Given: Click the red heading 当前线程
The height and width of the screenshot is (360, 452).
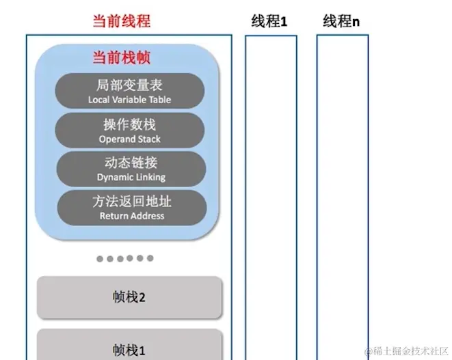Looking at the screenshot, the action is click(122, 20).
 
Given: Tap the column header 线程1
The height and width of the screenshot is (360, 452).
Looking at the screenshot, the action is click(269, 21).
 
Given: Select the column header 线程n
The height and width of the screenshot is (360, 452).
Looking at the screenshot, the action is click(341, 21).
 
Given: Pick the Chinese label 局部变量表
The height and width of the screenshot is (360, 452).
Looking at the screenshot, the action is click(130, 86).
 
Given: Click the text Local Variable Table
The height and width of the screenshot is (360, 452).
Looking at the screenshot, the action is click(130, 100).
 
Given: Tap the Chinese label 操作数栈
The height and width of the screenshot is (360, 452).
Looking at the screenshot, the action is click(130, 125).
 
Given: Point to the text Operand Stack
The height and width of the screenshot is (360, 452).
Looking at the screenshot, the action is click(130, 139).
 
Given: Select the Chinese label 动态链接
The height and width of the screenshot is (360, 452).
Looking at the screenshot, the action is click(130, 163).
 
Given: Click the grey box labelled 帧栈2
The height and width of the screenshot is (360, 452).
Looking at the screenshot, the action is click(130, 297).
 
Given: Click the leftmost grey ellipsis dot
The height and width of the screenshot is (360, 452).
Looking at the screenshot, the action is click(100, 258).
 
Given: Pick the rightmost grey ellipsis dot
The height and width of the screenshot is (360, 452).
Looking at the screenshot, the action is click(150, 258).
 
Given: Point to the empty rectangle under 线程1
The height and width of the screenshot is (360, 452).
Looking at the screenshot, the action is click(271, 198).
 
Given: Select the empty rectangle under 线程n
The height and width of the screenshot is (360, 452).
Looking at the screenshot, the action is click(343, 198).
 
